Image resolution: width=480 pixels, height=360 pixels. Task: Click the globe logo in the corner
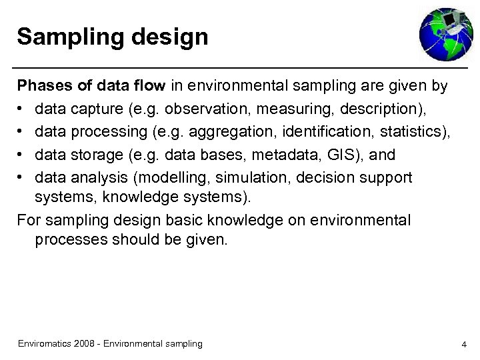click(445, 34)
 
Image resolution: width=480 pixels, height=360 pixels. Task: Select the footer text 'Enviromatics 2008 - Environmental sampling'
click(110, 343)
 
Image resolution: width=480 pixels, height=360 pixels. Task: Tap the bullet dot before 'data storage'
click(21, 155)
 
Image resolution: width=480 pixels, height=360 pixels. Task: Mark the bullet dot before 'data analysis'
click(21, 178)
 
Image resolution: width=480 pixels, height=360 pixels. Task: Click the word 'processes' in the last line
click(68, 240)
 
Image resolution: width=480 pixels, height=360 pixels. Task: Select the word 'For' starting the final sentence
click(28, 219)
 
